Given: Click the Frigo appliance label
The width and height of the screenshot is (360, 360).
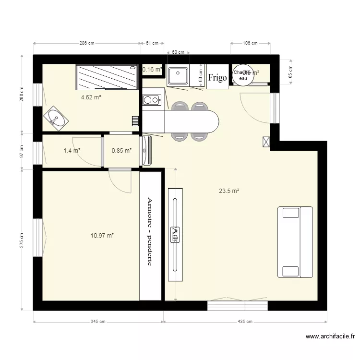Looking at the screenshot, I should [217, 77].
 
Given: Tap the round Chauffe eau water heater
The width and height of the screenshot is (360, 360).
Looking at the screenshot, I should [242, 75].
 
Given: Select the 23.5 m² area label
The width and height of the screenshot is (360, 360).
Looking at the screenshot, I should [229, 191].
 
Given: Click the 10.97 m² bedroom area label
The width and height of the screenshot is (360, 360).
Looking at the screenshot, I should [102, 236].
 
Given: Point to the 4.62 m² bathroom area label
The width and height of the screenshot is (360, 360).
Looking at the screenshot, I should [91, 97].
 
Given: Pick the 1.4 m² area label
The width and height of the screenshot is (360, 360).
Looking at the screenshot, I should [72, 151].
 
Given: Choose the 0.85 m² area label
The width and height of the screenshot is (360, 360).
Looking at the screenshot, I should [121, 151].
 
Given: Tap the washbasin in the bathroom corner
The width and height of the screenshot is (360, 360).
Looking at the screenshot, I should [57, 118].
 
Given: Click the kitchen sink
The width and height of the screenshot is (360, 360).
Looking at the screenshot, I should [178, 76].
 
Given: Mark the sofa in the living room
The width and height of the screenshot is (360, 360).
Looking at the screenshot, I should [295, 242].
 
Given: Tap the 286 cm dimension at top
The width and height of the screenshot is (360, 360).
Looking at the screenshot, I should [87, 43].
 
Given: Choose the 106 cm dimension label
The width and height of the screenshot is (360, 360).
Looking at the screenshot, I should [250, 43].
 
